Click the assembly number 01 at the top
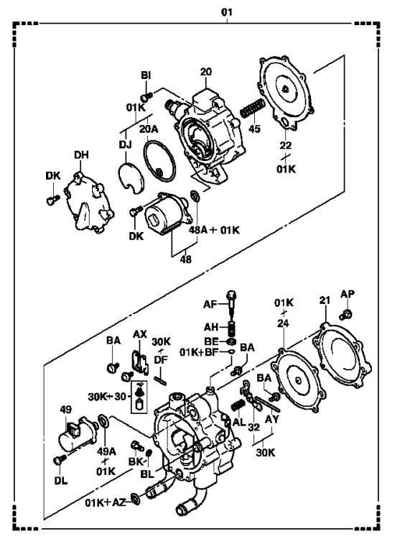coord(227,12)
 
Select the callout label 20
coord(206,72)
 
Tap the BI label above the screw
coord(146,75)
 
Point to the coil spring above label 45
coord(252,109)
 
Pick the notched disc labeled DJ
coord(131,178)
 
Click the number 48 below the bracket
coord(186,259)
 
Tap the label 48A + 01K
coord(214,230)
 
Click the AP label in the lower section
coord(348,294)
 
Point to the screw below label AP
coord(346,314)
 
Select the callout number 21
coord(325,300)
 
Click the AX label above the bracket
coord(140,334)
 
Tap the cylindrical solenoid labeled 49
coord(78,434)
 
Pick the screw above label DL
coord(60,460)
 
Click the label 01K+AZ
coord(106,502)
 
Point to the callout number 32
coord(254,428)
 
